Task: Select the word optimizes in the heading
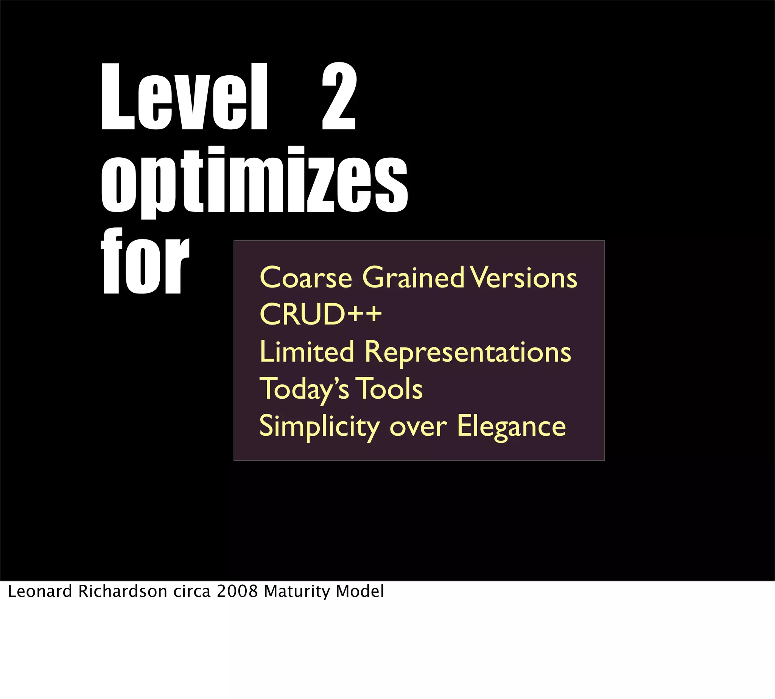point(254,180)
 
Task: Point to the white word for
point(145,261)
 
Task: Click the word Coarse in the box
point(306,277)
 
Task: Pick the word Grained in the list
point(414,277)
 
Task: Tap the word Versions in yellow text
point(525,277)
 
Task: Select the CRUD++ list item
point(321,314)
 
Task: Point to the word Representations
point(468,352)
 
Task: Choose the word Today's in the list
point(304,389)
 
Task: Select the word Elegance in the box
point(511,426)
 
